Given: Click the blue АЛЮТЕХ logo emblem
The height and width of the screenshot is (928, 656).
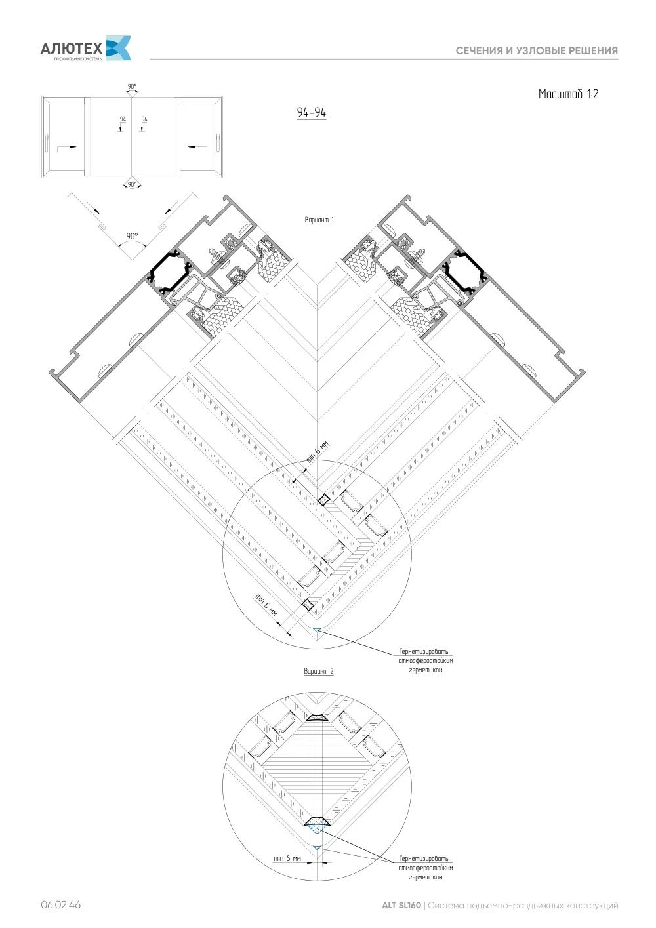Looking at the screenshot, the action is (x=119, y=48).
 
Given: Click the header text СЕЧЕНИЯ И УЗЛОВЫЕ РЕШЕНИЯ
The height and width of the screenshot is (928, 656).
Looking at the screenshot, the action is (x=537, y=51).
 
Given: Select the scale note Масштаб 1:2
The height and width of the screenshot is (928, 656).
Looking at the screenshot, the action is (x=568, y=94).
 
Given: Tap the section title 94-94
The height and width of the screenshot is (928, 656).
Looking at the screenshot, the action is (x=311, y=112).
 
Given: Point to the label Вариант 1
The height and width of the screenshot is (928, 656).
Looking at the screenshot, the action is (x=319, y=220).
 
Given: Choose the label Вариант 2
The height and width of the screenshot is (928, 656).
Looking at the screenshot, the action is (x=319, y=671).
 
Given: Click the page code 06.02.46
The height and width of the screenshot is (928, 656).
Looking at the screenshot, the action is (x=61, y=905).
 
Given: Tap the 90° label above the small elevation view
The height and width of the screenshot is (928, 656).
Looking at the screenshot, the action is (x=132, y=86).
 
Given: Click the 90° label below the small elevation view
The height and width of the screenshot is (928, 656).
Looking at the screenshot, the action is (x=132, y=185).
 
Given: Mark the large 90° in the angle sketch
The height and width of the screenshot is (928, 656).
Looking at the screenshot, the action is (x=133, y=236).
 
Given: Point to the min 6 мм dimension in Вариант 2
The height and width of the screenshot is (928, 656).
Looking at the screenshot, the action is (x=287, y=858).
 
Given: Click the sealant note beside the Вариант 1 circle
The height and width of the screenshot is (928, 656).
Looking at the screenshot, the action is (x=426, y=660).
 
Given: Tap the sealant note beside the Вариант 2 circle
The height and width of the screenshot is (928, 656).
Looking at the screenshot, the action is (x=426, y=868).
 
